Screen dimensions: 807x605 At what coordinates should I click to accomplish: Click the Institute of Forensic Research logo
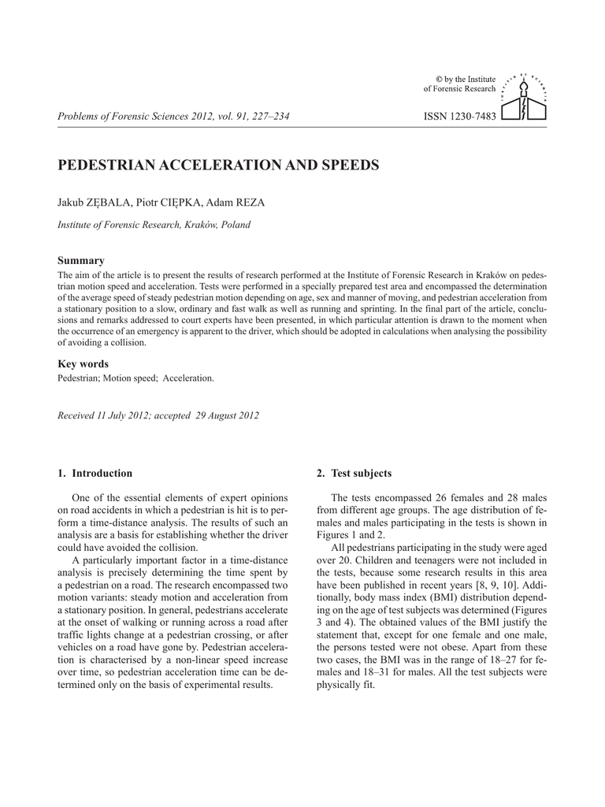click(x=524, y=97)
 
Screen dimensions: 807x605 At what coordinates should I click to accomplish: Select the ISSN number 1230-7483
click(x=460, y=117)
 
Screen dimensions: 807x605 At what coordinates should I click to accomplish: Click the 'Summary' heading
click(x=81, y=260)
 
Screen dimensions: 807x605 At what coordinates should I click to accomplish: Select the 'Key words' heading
click(x=84, y=364)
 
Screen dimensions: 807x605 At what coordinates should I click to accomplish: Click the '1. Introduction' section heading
click(x=95, y=474)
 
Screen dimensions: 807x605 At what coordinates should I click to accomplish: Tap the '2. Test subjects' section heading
click(x=354, y=474)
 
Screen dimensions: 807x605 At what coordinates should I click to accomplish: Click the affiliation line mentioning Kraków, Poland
click(x=154, y=225)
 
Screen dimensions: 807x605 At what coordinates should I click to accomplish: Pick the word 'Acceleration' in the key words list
click(x=188, y=378)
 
